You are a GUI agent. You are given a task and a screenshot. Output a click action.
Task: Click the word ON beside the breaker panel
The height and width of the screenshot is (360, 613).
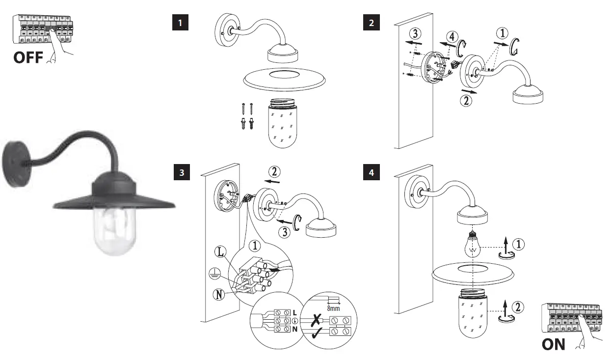pyautogui.click(x=553, y=344)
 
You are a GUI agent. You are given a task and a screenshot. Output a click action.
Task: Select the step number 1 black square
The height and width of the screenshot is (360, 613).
pyautogui.click(x=180, y=23)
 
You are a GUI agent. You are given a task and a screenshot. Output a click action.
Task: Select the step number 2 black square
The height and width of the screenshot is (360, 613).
pyautogui.click(x=371, y=23)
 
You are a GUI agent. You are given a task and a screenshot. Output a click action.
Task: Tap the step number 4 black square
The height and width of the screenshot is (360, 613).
pyautogui.click(x=371, y=172)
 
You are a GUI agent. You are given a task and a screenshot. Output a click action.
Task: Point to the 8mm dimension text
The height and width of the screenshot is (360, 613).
pyautogui.click(x=333, y=308)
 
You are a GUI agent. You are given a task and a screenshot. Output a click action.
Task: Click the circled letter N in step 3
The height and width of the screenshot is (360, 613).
pyautogui.click(x=219, y=295)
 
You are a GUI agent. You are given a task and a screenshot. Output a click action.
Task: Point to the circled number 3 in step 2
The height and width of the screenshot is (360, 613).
pyautogui.click(x=415, y=34)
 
